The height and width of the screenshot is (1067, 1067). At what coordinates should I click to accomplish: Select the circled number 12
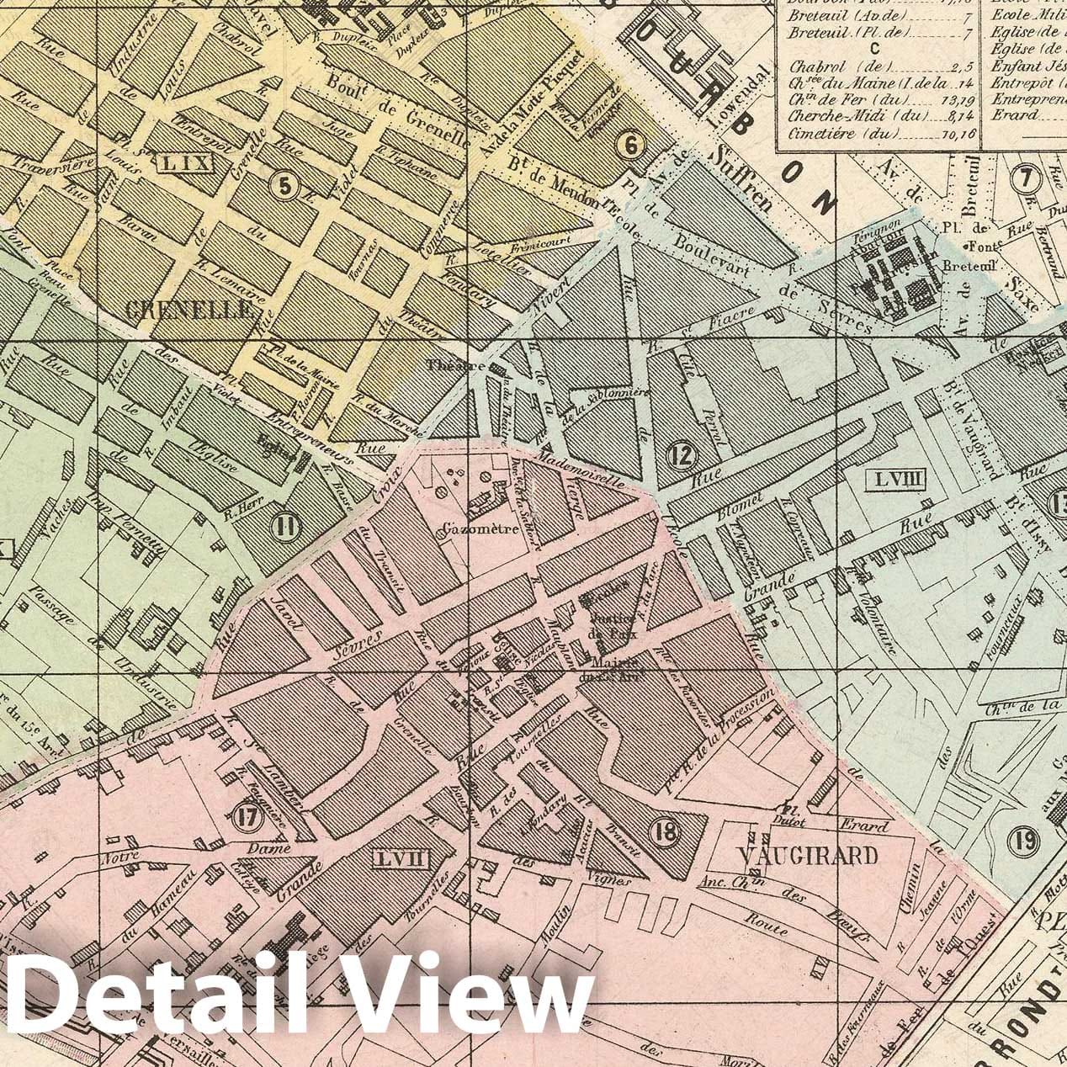click(682, 455)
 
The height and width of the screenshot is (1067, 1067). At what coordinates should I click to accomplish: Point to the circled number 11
click(286, 528)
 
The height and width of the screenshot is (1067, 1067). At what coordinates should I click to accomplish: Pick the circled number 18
click(664, 831)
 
